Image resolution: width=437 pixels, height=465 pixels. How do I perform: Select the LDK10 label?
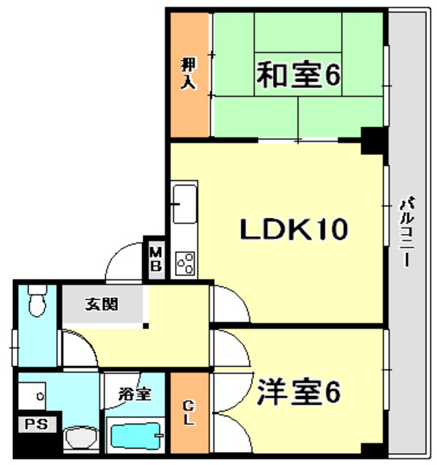click(295, 230)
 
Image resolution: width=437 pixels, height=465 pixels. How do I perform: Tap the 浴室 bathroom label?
click(135, 395)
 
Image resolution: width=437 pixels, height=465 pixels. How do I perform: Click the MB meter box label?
click(156, 259)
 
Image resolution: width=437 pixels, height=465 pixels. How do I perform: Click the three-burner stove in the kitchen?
click(184, 262)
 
